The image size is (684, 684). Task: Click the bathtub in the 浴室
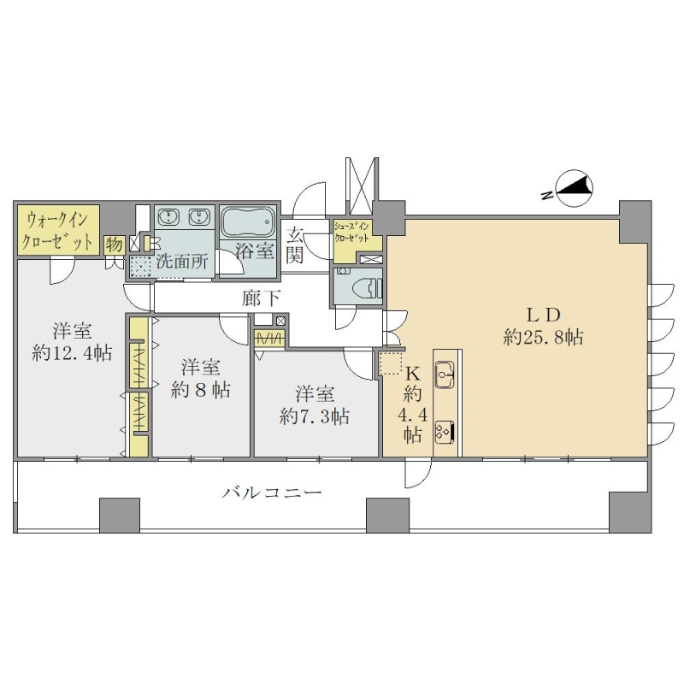click(x=248, y=221)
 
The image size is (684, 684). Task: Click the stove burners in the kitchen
click(x=445, y=432)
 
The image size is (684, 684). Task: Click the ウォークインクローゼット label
click(x=58, y=230)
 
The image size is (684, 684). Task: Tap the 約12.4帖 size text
click(x=72, y=352)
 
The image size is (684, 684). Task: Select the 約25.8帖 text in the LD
click(x=543, y=337)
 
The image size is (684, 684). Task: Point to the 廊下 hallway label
click(x=262, y=298)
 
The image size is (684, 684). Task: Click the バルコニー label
click(x=272, y=493)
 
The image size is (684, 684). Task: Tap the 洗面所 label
click(x=182, y=261)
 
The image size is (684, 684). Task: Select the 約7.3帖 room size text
click(x=315, y=417)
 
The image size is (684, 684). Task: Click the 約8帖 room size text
click(x=201, y=390)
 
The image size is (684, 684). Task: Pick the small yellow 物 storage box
click(x=115, y=245)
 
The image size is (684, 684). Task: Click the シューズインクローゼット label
click(x=351, y=232)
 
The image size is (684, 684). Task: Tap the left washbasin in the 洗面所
click(x=167, y=216)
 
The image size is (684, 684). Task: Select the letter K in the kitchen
click(x=413, y=373)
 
